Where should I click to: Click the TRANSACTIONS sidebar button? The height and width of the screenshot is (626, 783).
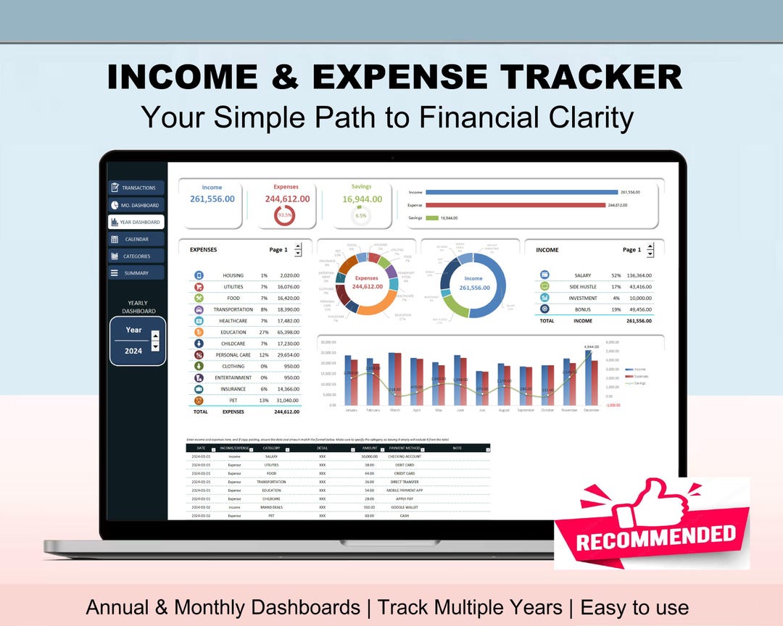click(x=136, y=188)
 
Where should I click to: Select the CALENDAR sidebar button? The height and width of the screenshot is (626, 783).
click(x=136, y=239)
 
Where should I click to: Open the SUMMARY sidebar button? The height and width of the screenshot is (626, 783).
click(x=136, y=273)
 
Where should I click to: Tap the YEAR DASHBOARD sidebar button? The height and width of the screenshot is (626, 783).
click(x=136, y=222)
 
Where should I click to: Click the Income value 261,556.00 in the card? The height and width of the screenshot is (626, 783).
click(x=212, y=199)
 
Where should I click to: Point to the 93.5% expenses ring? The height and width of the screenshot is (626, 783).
click(x=285, y=215)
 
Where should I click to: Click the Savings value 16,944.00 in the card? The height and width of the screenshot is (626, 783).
click(x=360, y=199)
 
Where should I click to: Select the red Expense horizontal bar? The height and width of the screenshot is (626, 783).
click(x=515, y=205)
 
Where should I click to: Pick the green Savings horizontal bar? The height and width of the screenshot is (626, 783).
click(x=432, y=217)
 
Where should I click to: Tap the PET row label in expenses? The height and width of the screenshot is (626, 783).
click(x=233, y=400)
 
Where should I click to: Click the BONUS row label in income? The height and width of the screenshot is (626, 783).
click(x=582, y=309)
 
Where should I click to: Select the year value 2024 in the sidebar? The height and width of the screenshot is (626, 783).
click(x=133, y=351)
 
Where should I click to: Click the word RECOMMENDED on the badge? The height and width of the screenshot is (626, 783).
click(x=656, y=536)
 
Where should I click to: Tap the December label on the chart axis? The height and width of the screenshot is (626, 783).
click(x=591, y=410)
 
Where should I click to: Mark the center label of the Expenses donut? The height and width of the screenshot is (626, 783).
click(x=367, y=283)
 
